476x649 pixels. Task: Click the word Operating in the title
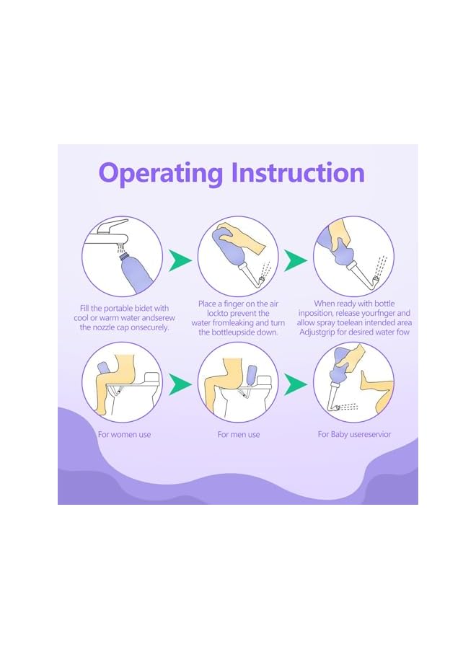point(161,173)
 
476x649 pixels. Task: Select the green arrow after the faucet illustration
point(180,260)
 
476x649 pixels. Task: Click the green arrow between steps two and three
point(296,260)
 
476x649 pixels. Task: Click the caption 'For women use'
point(124,435)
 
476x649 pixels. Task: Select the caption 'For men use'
point(239,435)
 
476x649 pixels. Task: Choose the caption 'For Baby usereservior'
point(354,435)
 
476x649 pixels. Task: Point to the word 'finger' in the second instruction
point(234,304)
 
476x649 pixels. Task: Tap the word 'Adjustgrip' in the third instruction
point(318,332)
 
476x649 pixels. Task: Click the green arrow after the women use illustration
point(180,384)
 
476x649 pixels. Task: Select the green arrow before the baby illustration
point(296,384)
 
